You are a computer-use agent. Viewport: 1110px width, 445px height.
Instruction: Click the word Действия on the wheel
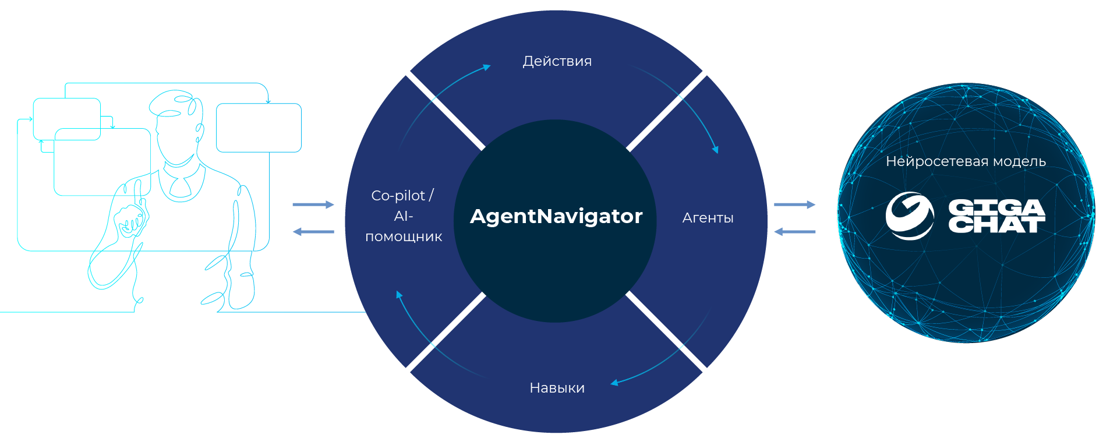point(557,61)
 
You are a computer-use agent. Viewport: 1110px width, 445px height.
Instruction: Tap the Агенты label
point(708,218)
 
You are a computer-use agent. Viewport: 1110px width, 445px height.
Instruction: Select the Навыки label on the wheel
point(557,388)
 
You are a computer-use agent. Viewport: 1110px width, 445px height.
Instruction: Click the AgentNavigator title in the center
point(556,216)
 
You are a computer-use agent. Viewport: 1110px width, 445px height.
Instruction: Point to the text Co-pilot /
point(402,196)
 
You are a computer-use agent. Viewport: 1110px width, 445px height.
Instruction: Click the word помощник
point(404,237)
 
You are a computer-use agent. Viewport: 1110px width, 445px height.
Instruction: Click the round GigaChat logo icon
point(909,216)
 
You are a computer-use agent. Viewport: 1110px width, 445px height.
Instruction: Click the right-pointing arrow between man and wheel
point(313,204)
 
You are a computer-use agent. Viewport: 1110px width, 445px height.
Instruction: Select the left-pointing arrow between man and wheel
point(313,232)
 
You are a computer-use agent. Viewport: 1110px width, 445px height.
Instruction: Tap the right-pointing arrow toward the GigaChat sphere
point(794,204)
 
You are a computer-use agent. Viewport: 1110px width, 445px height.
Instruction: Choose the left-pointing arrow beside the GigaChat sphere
point(794,232)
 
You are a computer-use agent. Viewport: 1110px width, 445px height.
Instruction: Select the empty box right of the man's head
point(259,128)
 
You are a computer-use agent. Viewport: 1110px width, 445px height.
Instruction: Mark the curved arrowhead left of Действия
point(486,68)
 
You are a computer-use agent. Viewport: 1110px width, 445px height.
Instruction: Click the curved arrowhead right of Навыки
point(614,383)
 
